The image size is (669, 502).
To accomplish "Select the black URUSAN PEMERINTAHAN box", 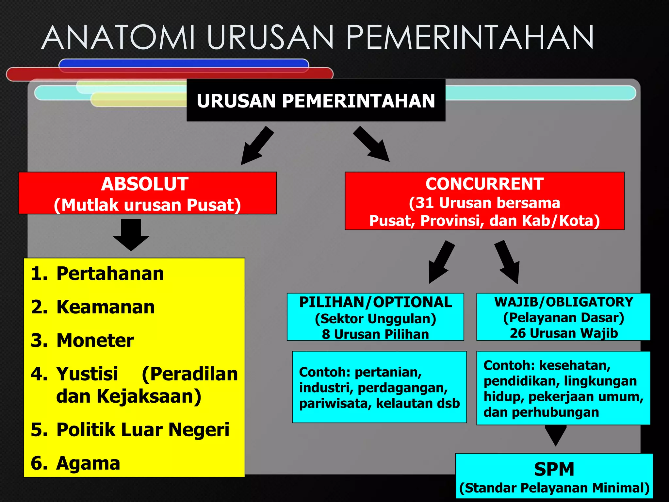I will pyautogui.click(x=316, y=100).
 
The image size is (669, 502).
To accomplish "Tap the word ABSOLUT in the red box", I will pyautogui.click(x=145, y=184).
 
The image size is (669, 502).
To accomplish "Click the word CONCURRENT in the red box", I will pyautogui.click(x=484, y=184).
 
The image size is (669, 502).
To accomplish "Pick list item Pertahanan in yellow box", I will pyautogui.click(x=110, y=274).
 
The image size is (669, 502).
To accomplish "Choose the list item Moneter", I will pyautogui.click(x=95, y=341).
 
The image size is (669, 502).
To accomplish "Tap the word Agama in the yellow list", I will pyautogui.click(x=88, y=463).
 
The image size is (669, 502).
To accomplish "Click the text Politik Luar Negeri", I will pyautogui.click(x=143, y=429).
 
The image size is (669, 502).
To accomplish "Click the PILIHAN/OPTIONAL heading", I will pyautogui.click(x=375, y=302).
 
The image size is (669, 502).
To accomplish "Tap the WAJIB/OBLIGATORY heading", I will pyautogui.click(x=563, y=302).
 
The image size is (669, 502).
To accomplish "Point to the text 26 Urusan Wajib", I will pyautogui.click(x=563, y=333).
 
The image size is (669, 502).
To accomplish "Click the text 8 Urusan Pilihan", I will pyautogui.click(x=375, y=334).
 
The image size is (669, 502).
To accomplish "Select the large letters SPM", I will pyautogui.click(x=554, y=469).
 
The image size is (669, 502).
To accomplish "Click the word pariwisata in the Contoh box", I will pyautogui.click(x=335, y=403).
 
